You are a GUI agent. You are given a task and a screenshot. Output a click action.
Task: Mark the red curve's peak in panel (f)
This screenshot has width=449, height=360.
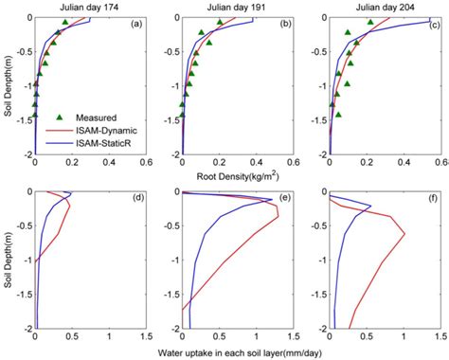tap(404, 234)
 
